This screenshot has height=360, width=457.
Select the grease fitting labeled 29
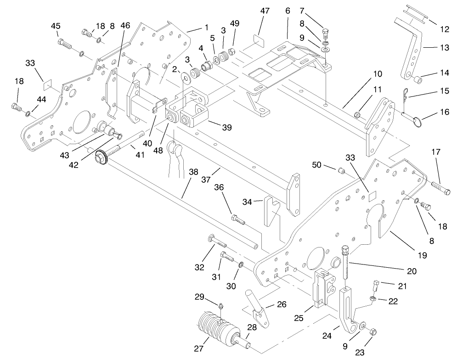coord(221,306)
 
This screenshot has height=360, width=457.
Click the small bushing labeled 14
coord(417,81)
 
